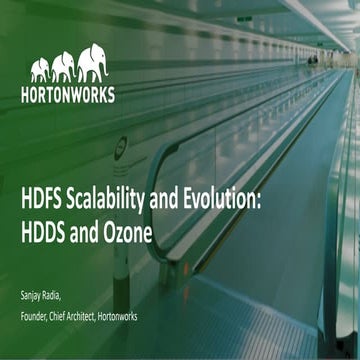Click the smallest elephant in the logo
[x=40, y=69]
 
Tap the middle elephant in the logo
[x=63, y=66]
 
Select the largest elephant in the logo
[x=92, y=61]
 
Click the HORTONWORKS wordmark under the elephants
[x=67, y=95]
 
